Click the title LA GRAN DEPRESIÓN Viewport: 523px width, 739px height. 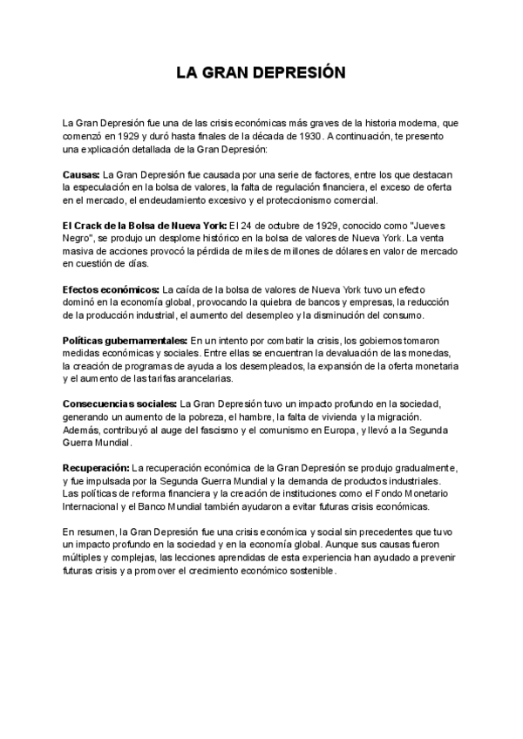click(261, 73)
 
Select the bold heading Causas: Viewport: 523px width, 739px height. click(82, 174)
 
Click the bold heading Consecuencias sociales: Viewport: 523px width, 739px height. click(119, 403)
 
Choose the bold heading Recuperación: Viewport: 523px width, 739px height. click(97, 468)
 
